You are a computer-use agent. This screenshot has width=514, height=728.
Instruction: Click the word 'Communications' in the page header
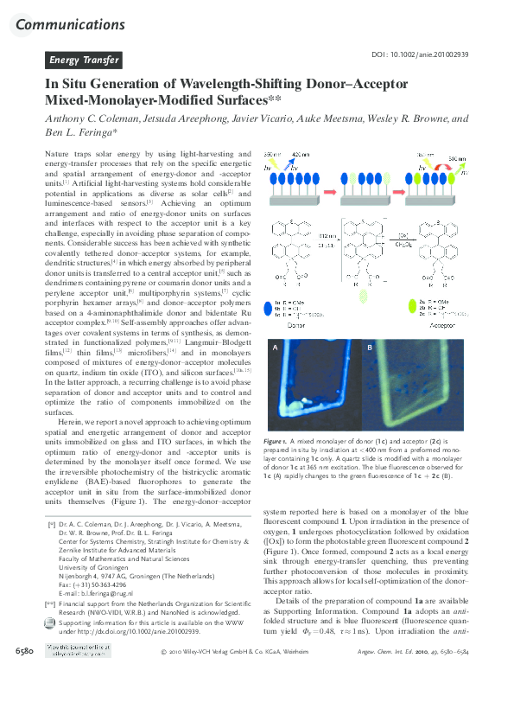(71, 24)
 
